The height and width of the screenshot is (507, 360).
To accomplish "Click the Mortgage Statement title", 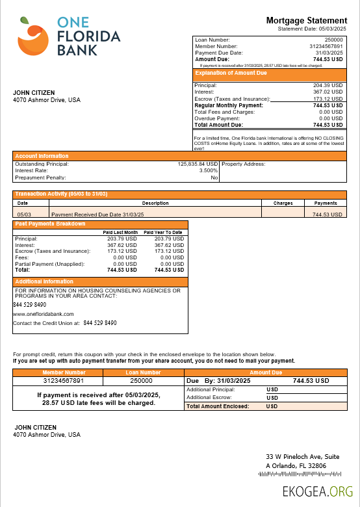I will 306,21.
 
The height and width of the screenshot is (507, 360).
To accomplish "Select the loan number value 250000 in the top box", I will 333,40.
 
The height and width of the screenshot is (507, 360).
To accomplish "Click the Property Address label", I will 244,164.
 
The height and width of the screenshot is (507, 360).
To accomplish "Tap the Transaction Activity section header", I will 61,194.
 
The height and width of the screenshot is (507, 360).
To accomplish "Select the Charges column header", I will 283,203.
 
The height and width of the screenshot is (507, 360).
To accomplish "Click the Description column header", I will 155,203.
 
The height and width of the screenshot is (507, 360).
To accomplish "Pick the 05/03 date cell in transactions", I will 24,214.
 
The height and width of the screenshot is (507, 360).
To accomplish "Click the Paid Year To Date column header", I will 163,232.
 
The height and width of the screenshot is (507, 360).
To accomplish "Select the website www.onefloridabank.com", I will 44,313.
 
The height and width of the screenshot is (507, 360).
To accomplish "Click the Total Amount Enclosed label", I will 218,406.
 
